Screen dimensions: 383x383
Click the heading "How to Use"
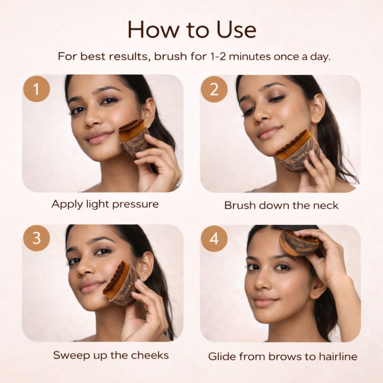(192, 30)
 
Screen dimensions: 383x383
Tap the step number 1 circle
(36, 89)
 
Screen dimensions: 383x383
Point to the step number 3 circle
(36, 238)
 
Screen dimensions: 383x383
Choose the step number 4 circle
(214, 239)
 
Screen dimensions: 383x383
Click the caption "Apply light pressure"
(105, 204)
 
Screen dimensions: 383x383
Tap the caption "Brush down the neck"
(281, 206)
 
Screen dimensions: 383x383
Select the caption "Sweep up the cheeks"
(111, 355)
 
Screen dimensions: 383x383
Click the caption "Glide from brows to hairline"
(283, 356)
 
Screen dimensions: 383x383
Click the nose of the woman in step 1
(92, 119)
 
